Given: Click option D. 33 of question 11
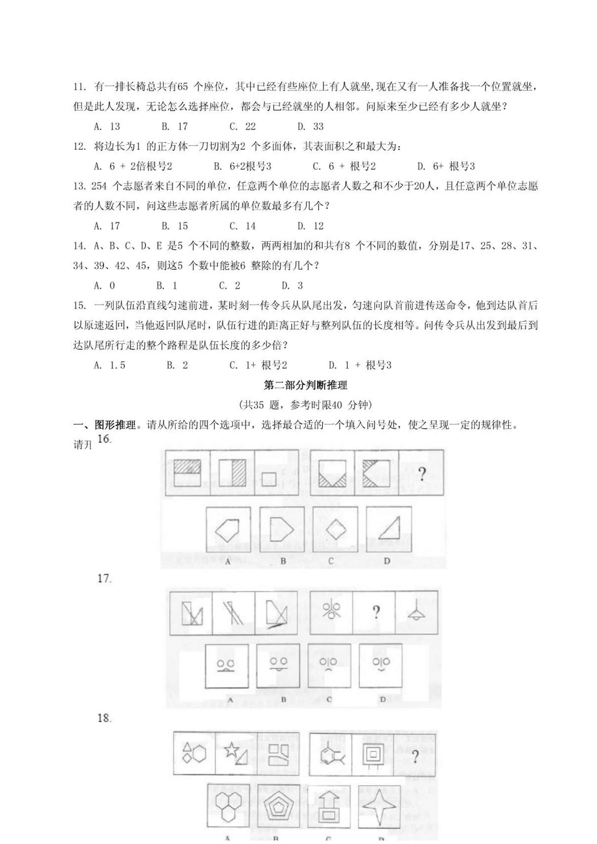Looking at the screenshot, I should pyautogui.click(x=310, y=127).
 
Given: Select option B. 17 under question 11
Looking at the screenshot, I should pyautogui.click(x=175, y=127).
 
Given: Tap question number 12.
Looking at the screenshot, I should pyautogui.click(x=80, y=147).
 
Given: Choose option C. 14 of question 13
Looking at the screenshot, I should pyautogui.click(x=242, y=226).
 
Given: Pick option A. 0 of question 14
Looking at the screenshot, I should pyautogui.click(x=104, y=286).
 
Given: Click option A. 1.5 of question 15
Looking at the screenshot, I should pyautogui.click(x=110, y=365).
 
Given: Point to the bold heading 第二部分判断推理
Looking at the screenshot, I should pyautogui.click(x=305, y=385).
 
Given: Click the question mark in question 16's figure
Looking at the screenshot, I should pyautogui.click(x=422, y=474).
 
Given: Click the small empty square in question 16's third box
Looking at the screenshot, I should pyautogui.click(x=269, y=479).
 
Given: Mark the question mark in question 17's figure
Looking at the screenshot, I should pyautogui.click(x=376, y=612).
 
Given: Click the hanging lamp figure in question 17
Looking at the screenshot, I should pyautogui.click(x=416, y=611).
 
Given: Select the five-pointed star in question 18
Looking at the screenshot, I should pyautogui.click(x=232, y=750).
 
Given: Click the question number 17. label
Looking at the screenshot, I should pyautogui.click(x=105, y=579).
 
